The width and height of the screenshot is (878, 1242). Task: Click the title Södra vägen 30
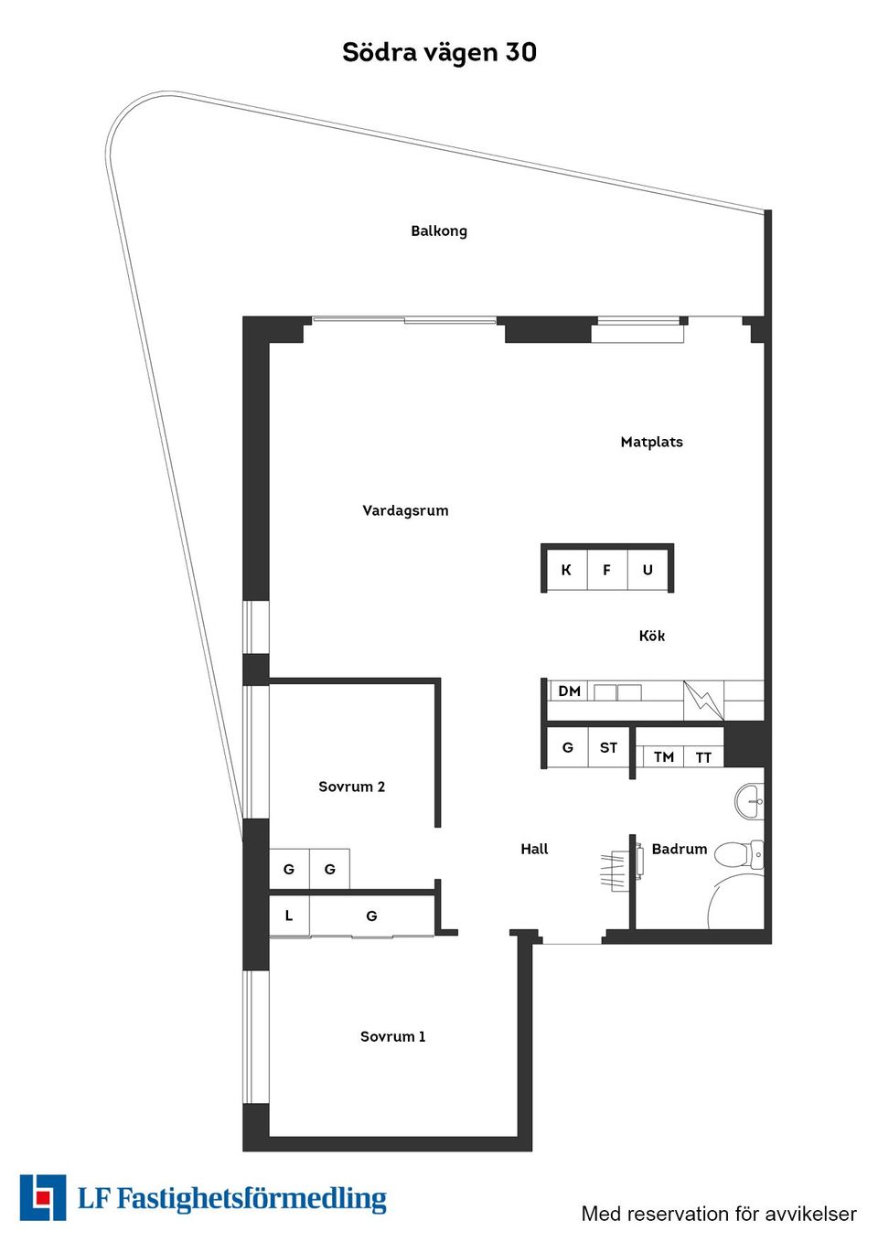pos(439,52)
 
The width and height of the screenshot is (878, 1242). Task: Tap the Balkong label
pos(439,230)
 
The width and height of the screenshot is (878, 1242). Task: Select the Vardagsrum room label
pos(405,510)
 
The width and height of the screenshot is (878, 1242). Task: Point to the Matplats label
pos(651,442)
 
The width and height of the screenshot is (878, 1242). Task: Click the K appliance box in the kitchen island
pos(566,570)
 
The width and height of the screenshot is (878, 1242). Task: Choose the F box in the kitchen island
pos(606,570)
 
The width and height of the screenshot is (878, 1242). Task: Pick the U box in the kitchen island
pos(648,570)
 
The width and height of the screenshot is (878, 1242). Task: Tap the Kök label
pos(652,636)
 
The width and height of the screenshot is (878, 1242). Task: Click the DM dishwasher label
pos(569,691)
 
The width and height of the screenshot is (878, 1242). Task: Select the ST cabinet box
pos(608,748)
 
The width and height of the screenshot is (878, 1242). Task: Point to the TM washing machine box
pos(664,757)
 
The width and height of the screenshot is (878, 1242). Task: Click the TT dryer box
pos(703,757)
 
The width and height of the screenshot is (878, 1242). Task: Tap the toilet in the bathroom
pos(739,855)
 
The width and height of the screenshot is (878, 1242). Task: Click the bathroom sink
pos(750,801)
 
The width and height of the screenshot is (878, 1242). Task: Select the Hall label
pos(534,849)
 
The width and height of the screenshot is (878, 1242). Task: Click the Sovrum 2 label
pos(351,787)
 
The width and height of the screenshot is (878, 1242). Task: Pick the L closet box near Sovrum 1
pos(289,915)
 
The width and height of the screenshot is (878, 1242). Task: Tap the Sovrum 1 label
pos(392,1036)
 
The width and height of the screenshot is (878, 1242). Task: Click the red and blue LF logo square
pos(43,1197)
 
